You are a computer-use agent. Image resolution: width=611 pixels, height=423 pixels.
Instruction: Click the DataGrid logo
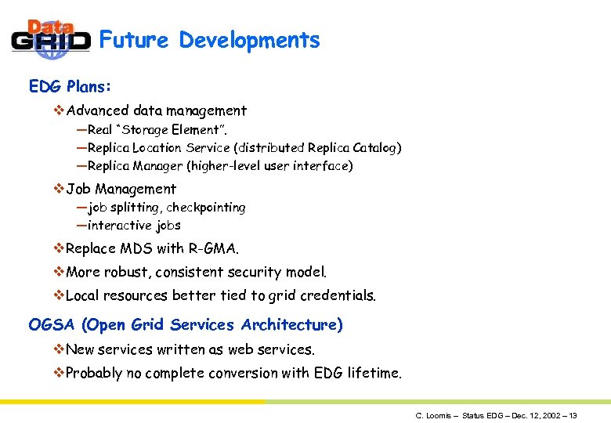click(50, 39)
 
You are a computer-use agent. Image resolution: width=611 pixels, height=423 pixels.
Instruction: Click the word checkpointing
click(205, 208)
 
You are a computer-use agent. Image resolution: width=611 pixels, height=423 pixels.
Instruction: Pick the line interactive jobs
click(134, 226)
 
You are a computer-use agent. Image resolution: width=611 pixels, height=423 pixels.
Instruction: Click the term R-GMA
click(213, 248)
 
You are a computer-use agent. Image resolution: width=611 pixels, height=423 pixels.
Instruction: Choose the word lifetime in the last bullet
click(374, 373)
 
